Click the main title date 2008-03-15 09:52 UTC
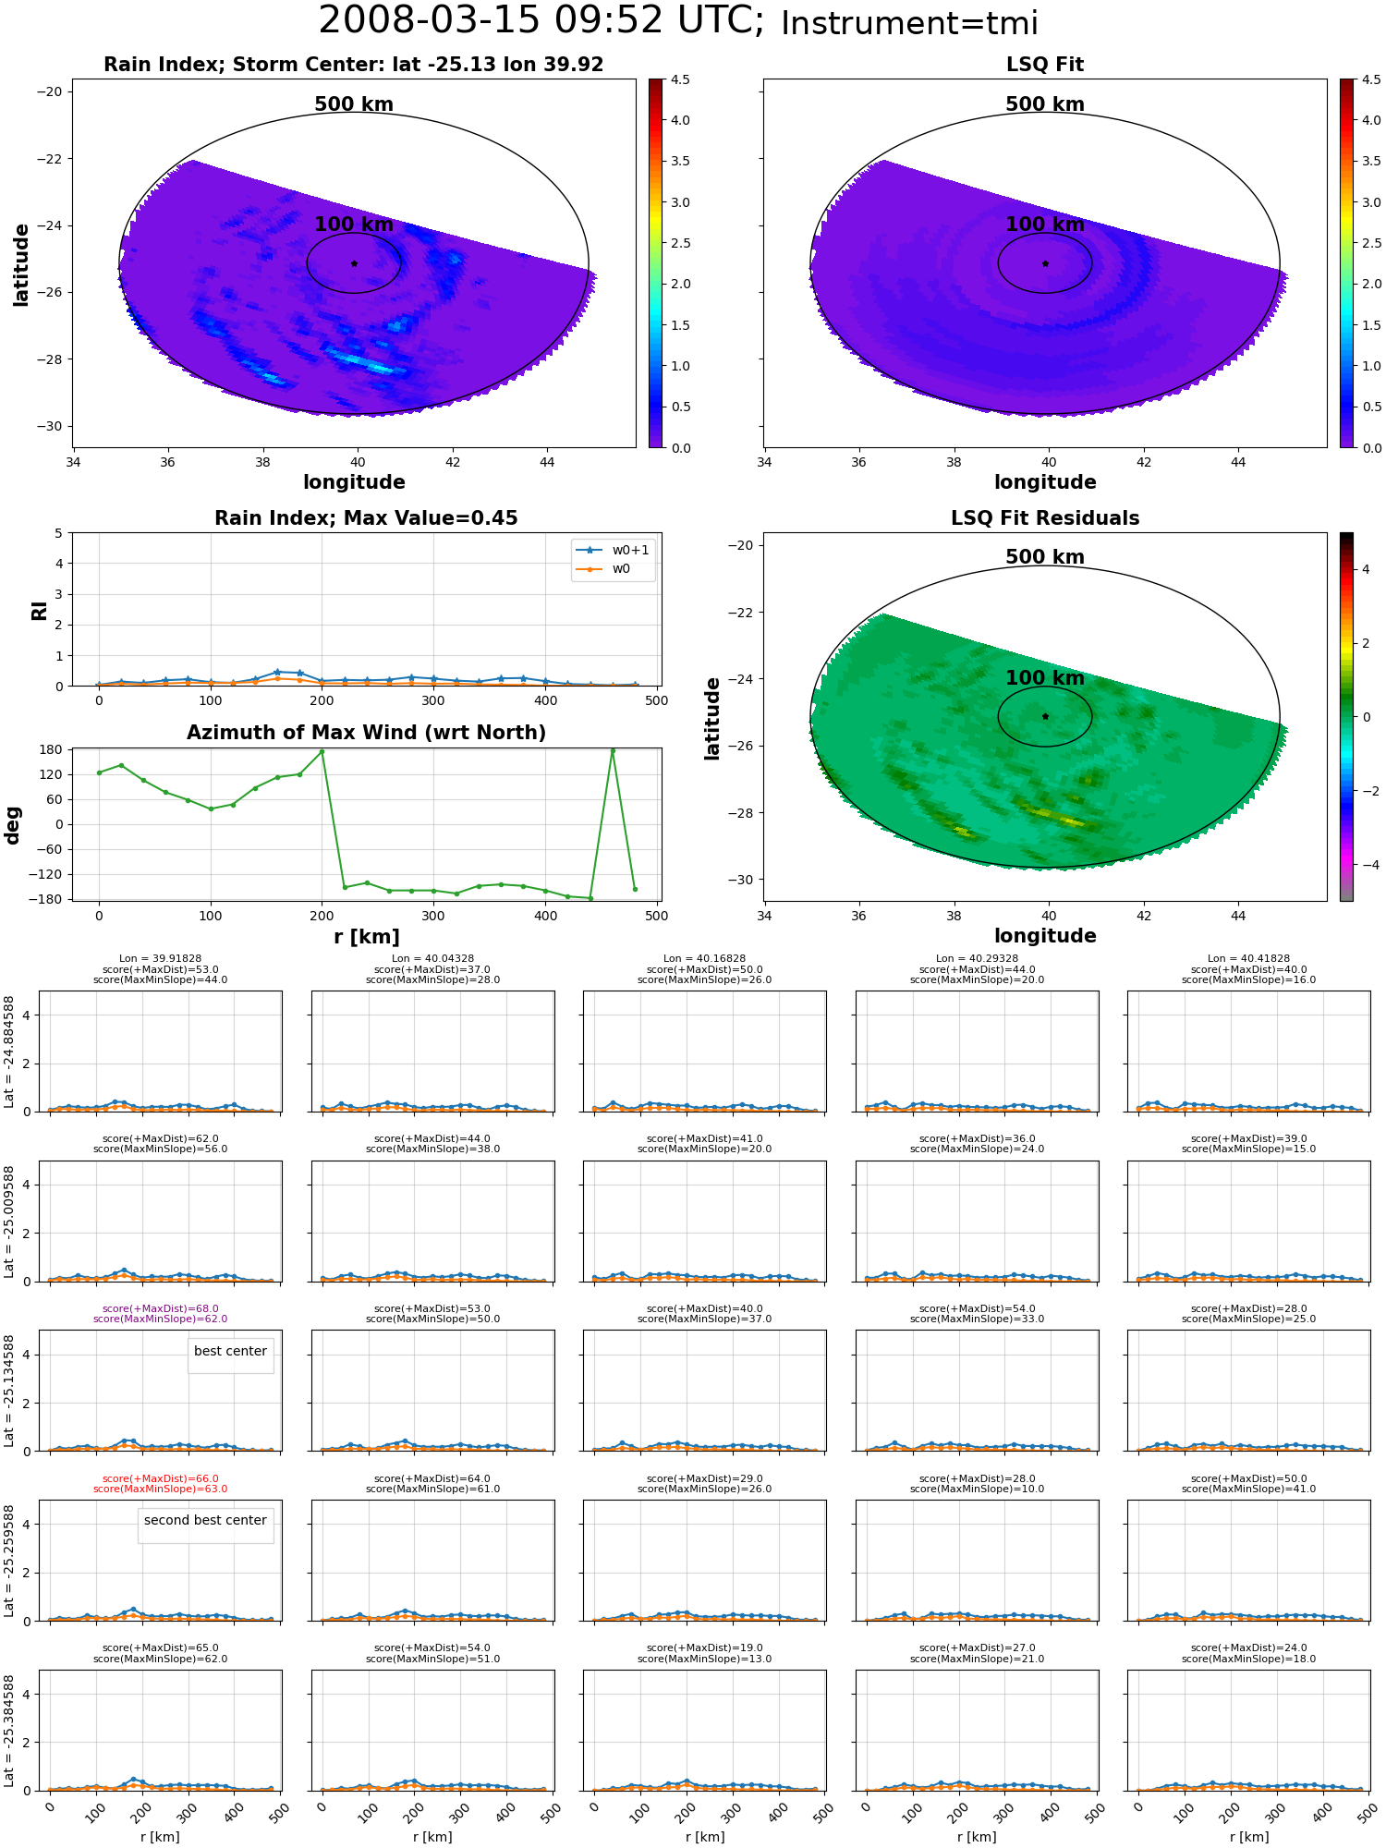(541, 21)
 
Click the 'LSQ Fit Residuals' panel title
(1045, 518)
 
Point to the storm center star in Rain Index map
(354, 263)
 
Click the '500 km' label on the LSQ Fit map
(1045, 104)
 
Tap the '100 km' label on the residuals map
(1045, 678)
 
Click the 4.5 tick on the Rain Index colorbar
(679, 79)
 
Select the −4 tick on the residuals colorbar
(1366, 865)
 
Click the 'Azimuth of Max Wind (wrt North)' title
(366, 733)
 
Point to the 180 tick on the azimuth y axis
(51, 749)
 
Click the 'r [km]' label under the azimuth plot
(366, 937)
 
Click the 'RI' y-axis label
(39, 610)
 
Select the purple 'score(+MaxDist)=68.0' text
(160, 1308)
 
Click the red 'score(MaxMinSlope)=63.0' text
(160, 1489)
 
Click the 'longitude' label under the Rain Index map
(354, 482)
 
